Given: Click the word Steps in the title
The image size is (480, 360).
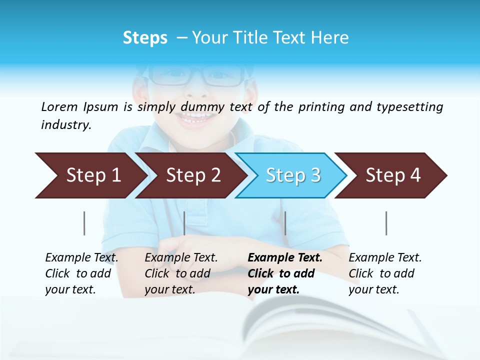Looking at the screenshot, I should click(145, 37).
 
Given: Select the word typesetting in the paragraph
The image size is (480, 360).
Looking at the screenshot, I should click(409, 106).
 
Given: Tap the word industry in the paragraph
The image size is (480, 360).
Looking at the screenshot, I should click(65, 124).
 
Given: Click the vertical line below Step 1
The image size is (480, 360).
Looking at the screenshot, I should click(84, 223).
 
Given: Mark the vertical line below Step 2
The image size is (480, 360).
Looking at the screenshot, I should click(184, 223).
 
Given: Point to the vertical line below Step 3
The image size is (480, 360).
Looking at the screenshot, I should click(285, 223).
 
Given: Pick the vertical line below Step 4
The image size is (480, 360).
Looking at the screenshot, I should click(386, 223).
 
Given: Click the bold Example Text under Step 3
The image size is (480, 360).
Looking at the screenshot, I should click(285, 258).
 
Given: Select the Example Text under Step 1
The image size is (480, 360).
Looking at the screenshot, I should click(82, 258).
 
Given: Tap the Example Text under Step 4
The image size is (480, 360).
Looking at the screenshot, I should click(385, 258).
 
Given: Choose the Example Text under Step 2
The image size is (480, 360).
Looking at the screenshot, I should click(181, 258).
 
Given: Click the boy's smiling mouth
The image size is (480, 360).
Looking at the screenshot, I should click(198, 119).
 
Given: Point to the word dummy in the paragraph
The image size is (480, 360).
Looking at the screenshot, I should click(203, 106).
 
